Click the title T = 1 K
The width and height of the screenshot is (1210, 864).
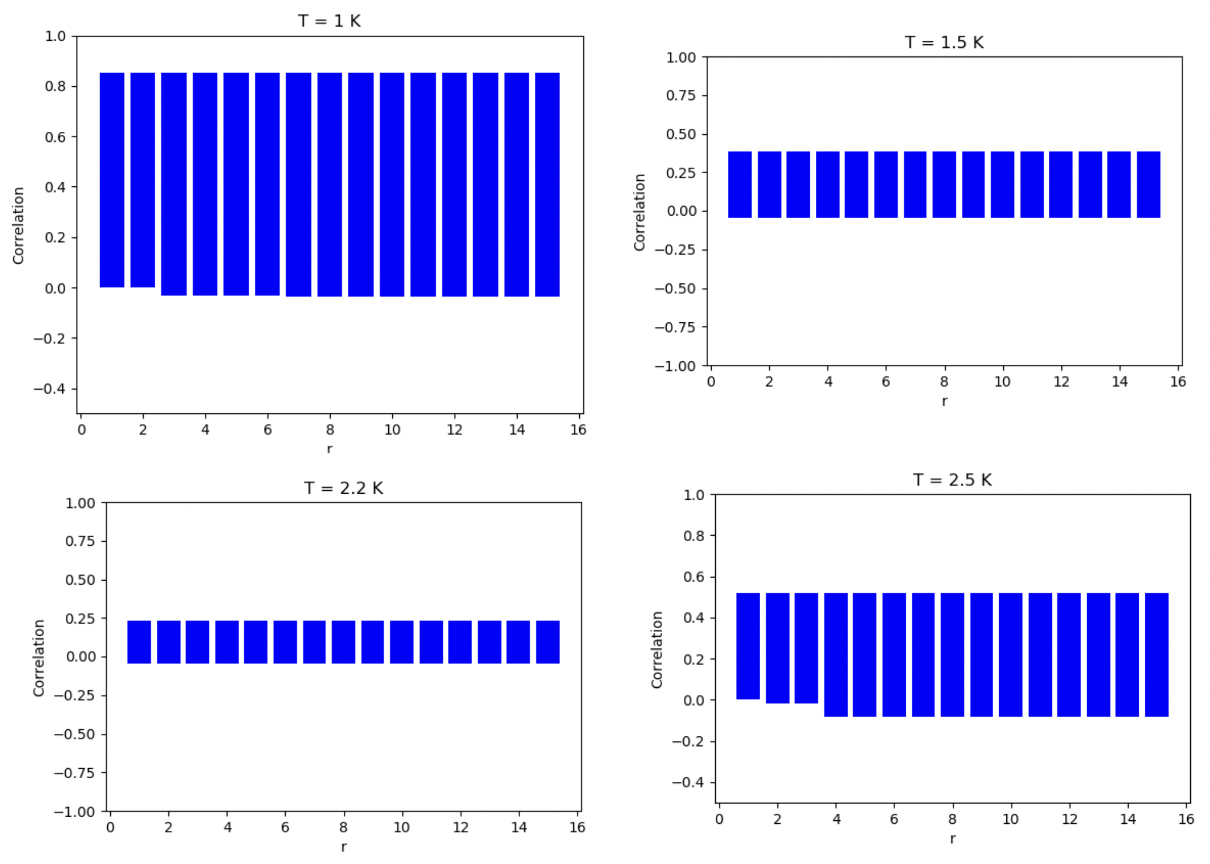pos(329,21)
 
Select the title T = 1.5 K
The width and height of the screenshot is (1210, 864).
pos(944,43)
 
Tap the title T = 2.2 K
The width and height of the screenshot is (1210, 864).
pos(343,488)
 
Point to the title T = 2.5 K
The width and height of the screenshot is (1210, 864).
pos(952,480)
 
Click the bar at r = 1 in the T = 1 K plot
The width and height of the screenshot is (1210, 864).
pos(112,180)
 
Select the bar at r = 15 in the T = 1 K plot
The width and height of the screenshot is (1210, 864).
pos(547,185)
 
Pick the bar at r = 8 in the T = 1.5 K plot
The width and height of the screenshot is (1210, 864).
pos(944,185)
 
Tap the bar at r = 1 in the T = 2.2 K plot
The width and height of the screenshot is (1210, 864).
pos(139,642)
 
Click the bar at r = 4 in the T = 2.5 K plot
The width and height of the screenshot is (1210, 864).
pos(836,655)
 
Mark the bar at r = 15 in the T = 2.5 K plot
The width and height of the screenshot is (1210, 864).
pos(1156,655)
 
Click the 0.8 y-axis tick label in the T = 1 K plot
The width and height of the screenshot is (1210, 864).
pos(55,86)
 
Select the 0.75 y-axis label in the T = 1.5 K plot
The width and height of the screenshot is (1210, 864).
pos(681,96)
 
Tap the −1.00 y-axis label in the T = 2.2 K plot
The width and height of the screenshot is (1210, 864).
pos(74,812)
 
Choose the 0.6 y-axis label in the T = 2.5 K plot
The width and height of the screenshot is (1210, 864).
pos(694,577)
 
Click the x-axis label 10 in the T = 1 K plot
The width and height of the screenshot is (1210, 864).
pos(392,430)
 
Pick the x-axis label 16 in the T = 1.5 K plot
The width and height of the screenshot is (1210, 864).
pos(1178,382)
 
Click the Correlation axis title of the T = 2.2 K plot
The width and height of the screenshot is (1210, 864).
pos(39,657)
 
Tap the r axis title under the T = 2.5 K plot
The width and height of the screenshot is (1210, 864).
pos(952,839)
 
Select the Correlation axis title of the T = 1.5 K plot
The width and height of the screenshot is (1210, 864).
pos(640,212)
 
